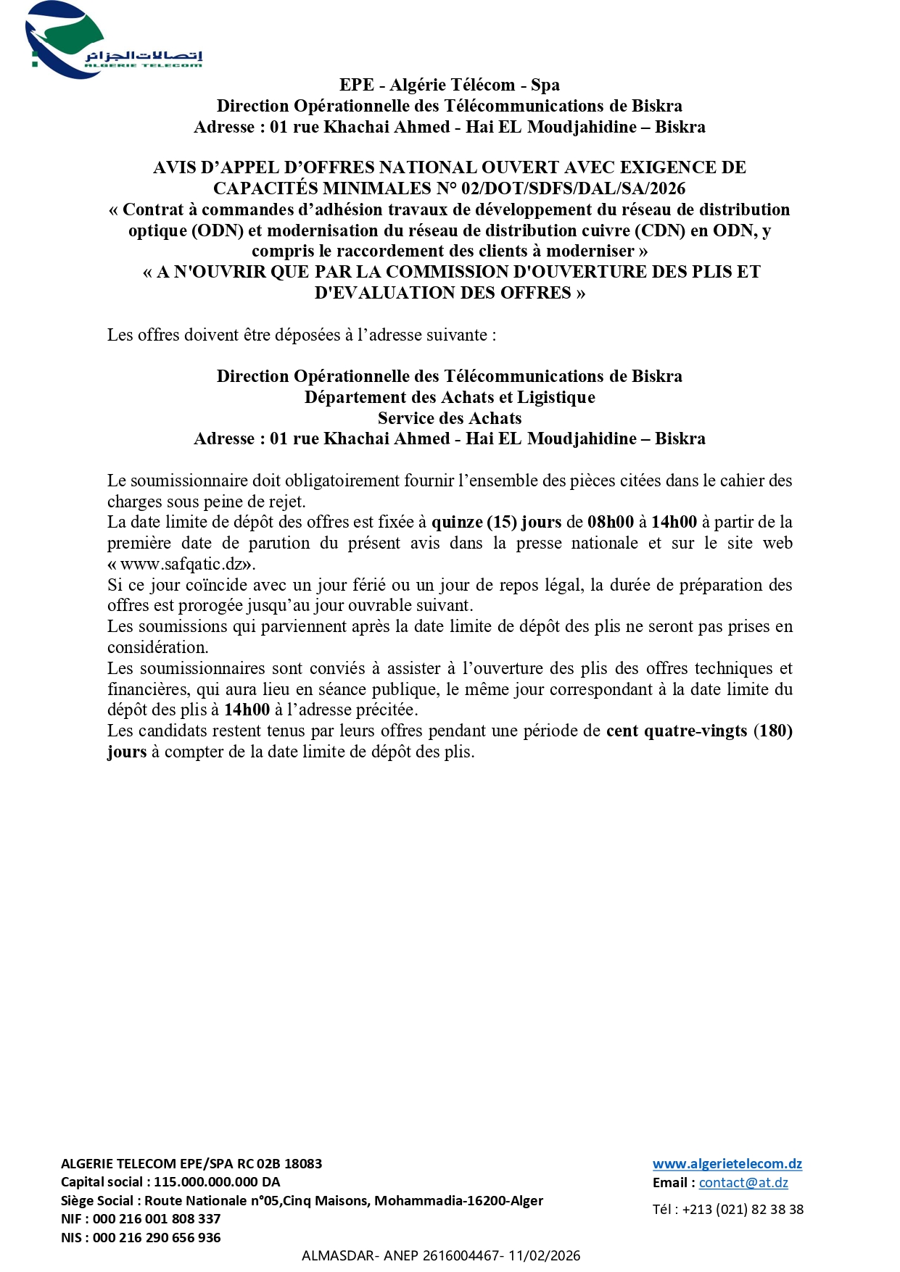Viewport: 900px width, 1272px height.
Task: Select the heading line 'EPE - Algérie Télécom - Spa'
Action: coord(450,85)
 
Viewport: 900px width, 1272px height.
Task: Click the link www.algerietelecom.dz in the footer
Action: coord(727,1164)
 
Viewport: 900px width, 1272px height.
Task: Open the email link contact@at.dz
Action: coord(743,1183)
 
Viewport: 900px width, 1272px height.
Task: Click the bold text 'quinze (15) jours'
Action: coord(496,522)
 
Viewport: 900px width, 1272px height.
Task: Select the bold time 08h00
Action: coord(611,522)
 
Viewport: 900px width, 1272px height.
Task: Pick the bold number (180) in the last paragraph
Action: coord(772,731)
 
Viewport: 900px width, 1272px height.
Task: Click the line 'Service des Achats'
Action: coord(450,418)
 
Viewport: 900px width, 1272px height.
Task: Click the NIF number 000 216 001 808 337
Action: coord(157,1219)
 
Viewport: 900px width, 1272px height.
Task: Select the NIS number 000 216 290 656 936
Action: coord(157,1238)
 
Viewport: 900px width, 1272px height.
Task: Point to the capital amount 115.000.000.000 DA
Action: coord(217,1182)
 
